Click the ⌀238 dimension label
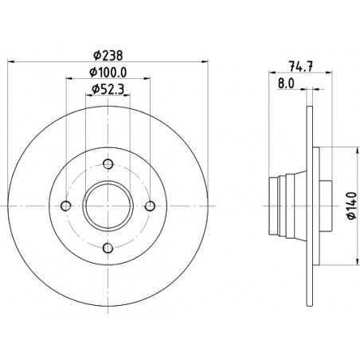(x=108, y=56)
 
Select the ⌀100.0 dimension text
(x=108, y=72)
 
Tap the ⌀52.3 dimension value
(x=108, y=89)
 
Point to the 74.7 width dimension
(x=301, y=66)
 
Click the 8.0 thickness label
(x=286, y=84)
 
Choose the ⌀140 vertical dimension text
(x=352, y=205)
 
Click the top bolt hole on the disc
(x=108, y=164)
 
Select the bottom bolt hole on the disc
(x=108, y=248)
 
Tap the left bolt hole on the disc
(x=66, y=206)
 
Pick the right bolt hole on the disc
(x=151, y=206)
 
